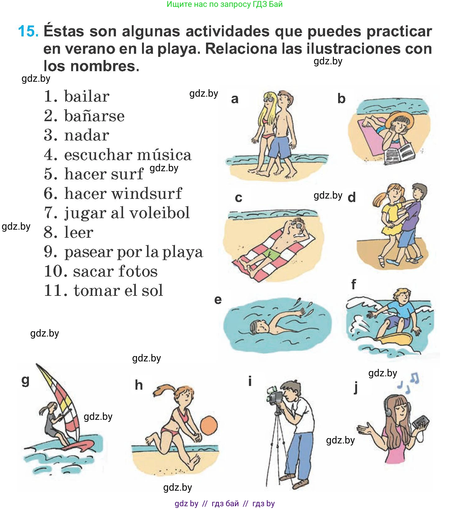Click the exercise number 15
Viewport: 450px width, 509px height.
tap(28, 31)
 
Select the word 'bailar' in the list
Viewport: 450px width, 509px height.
tap(87, 96)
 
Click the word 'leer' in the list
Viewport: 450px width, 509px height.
tap(79, 232)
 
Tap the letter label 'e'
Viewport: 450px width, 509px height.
tap(218, 300)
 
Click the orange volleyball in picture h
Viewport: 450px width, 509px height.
tap(209, 425)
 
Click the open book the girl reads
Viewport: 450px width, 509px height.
tap(399, 153)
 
